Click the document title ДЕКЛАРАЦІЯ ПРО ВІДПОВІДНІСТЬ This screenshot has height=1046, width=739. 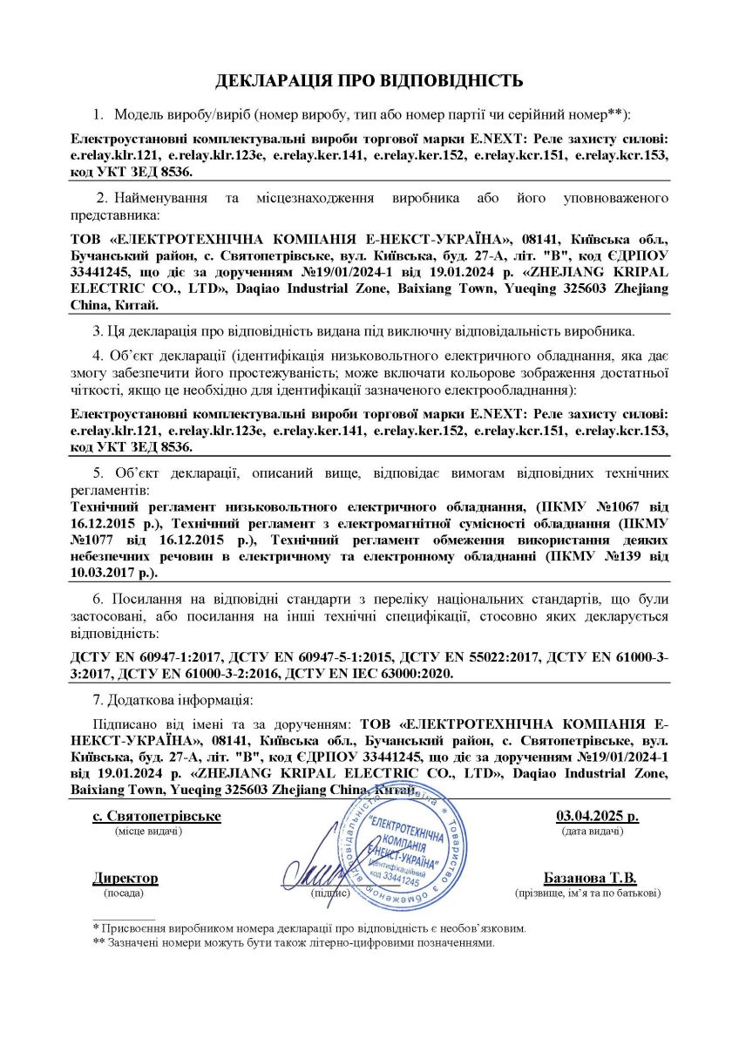369,81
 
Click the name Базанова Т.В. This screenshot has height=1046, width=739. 590,878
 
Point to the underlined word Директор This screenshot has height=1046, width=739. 125,878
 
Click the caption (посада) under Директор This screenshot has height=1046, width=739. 125,893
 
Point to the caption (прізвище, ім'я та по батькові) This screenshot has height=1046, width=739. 588,893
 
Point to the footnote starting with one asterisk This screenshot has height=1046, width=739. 309,929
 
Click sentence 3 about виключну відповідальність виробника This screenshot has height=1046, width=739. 364,331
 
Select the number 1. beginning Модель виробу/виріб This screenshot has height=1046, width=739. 98,114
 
